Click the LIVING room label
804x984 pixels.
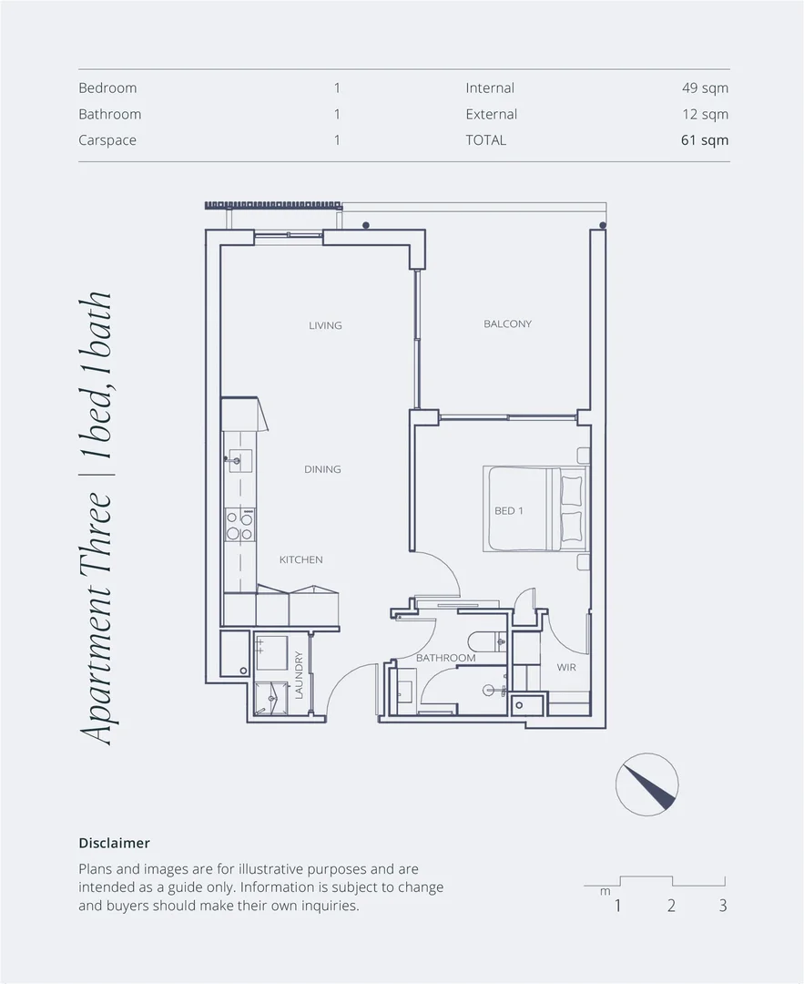pyautogui.click(x=325, y=325)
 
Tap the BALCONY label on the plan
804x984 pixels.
pyautogui.click(x=507, y=323)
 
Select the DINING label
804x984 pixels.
pyautogui.click(x=322, y=469)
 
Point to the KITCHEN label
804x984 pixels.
pyautogui.click(x=300, y=559)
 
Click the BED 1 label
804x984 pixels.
pyautogui.click(x=508, y=511)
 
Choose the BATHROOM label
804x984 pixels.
pyautogui.click(x=446, y=658)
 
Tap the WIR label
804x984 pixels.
pyautogui.click(x=566, y=667)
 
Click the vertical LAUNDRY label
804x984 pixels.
pyautogui.click(x=298, y=674)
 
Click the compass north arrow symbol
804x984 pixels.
pyautogui.click(x=647, y=784)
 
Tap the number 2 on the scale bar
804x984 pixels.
pyautogui.click(x=671, y=906)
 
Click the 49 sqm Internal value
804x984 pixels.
pyautogui.click(x=705, y=88)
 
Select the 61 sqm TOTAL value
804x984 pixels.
pyautogui.click(x=705, y=140)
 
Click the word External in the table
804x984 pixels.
pyautogui.click(x=491, y=114)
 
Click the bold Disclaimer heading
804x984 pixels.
pyautogui.click(x=114, y=844)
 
